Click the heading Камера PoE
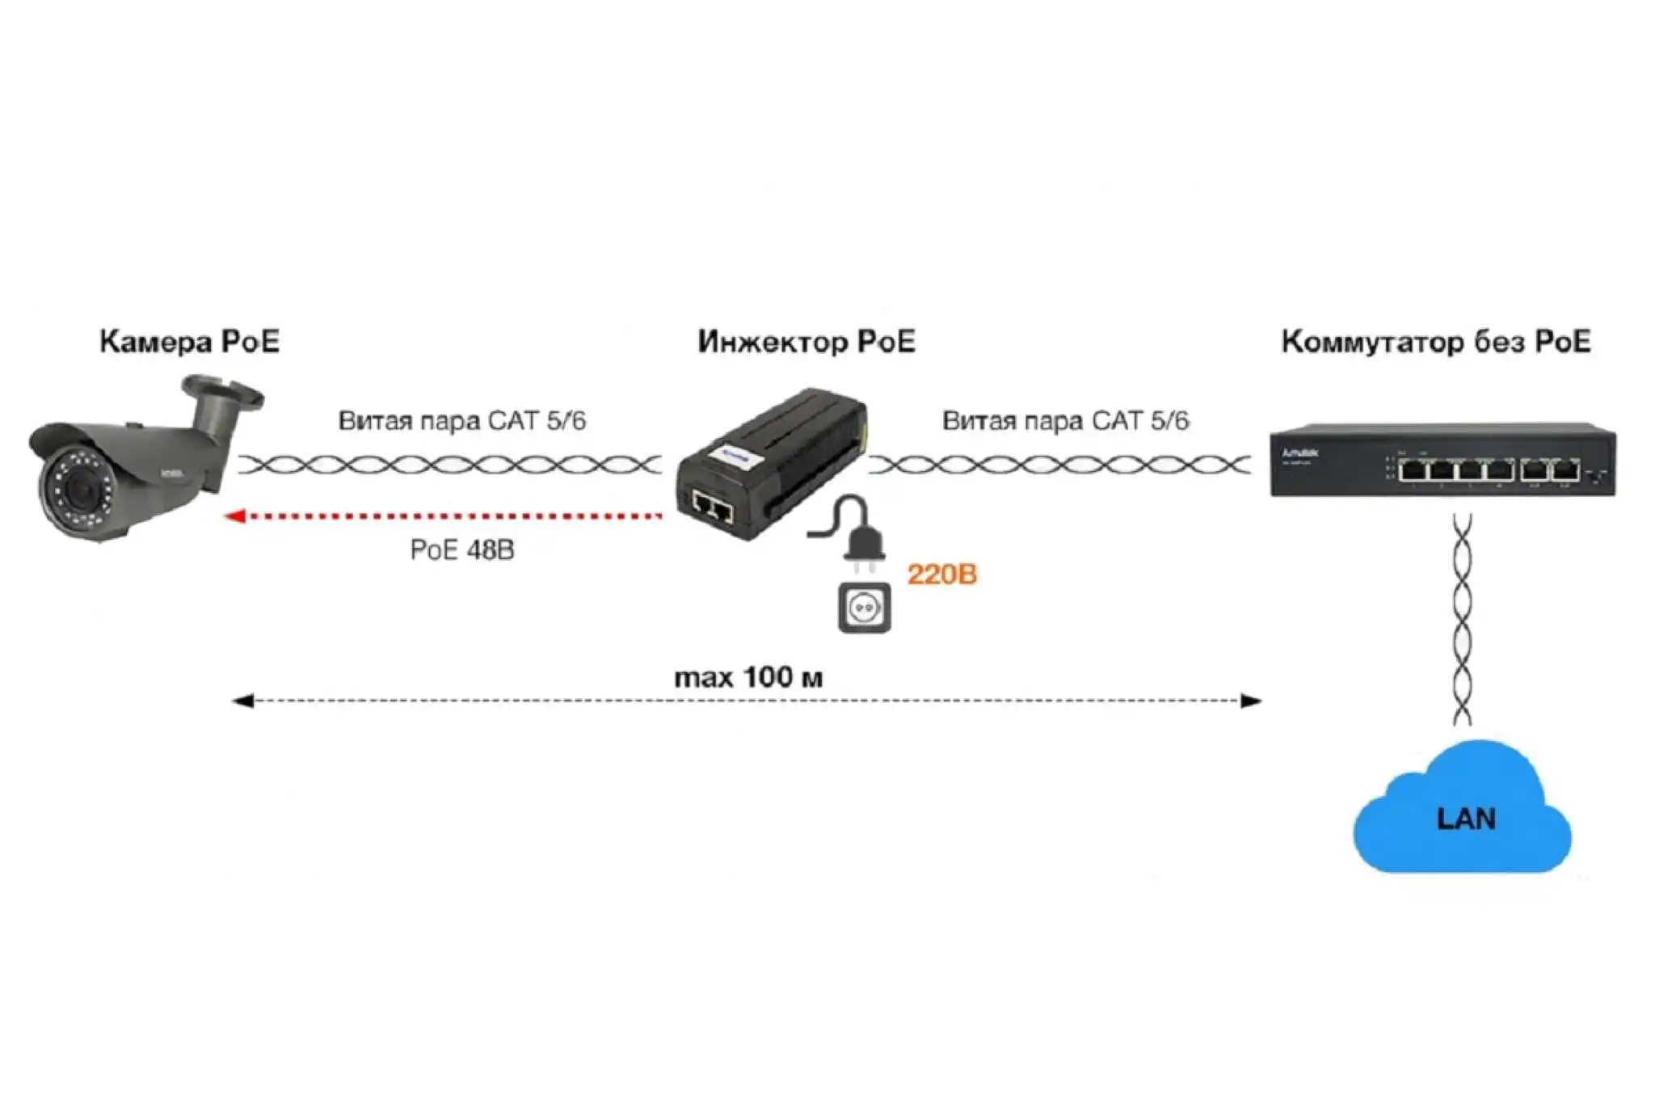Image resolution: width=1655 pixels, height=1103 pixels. pos(189,342)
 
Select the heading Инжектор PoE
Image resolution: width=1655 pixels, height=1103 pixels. pos(806,342)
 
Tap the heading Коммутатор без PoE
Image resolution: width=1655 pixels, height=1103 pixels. pos(1436,342)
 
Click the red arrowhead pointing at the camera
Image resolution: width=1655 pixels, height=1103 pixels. pos(235,516)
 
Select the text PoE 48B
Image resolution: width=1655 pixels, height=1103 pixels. pos(461,550)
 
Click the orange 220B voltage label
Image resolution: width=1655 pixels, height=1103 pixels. pos(942,575)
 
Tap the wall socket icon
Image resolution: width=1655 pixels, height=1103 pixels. pos(864,607)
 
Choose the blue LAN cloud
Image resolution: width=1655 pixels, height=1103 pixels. pos(1463,816)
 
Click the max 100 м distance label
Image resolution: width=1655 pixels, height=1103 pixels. pos(748,677)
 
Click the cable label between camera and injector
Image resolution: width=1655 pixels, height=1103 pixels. pos(461,421)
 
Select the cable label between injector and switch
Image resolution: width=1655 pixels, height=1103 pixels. pos(1065,421)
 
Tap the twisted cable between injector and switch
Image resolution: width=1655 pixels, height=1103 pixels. pos(1059,465)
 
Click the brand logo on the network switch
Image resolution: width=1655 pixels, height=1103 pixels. pos(1299,453)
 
